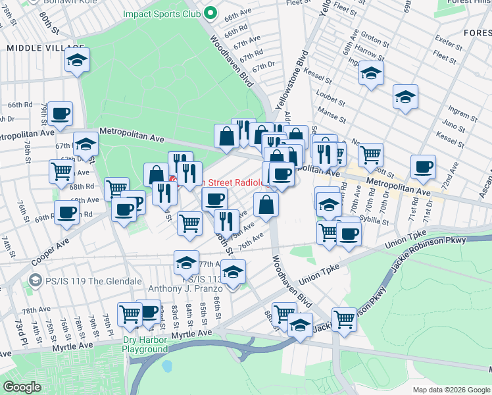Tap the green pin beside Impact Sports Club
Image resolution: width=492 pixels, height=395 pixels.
(x=210, y=13)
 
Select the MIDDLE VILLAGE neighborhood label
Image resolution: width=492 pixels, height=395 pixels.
(x=45, y=49)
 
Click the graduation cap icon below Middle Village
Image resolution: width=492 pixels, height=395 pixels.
(x=78, y=61)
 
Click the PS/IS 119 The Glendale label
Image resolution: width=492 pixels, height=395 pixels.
(x=93, y=281)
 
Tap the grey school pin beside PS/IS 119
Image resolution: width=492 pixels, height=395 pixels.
(x=35, y=281)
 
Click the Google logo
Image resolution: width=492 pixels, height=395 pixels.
(x=22, y=387)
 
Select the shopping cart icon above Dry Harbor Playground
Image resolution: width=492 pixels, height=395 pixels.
(x=130, y=314)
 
